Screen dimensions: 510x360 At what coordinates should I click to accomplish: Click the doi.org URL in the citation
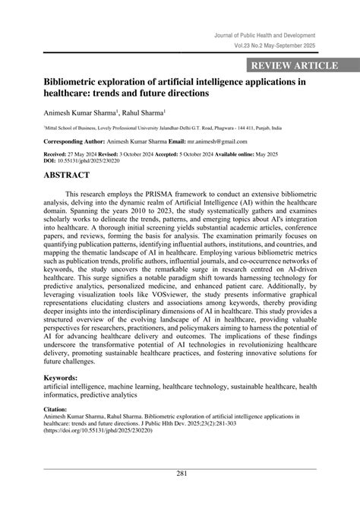point(98,431)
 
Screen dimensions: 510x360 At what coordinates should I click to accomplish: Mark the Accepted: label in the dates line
point(188,154)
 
